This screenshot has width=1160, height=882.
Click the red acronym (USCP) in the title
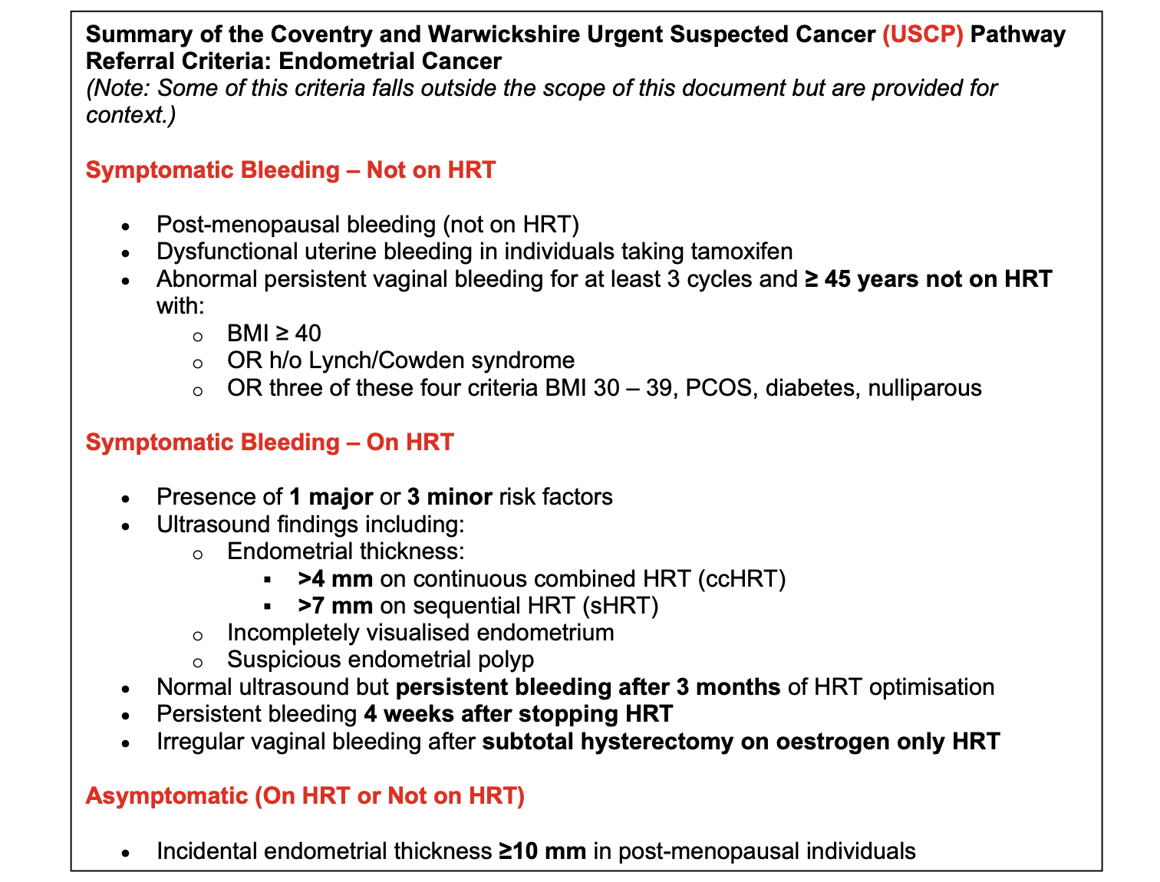pos(922,35)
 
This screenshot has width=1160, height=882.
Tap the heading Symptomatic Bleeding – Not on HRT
pos(291,169)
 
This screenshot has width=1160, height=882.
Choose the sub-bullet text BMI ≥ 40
pos(274,333)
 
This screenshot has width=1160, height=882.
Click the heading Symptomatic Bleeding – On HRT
pos(269,442)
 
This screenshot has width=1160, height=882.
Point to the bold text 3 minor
pos(450,497)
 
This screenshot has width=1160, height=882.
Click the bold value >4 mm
pos(335,578)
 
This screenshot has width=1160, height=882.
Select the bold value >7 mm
pos(335,606)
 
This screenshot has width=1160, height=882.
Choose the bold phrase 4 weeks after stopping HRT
pos(518,714)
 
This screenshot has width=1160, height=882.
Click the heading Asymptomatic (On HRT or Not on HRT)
pos(305,795)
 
